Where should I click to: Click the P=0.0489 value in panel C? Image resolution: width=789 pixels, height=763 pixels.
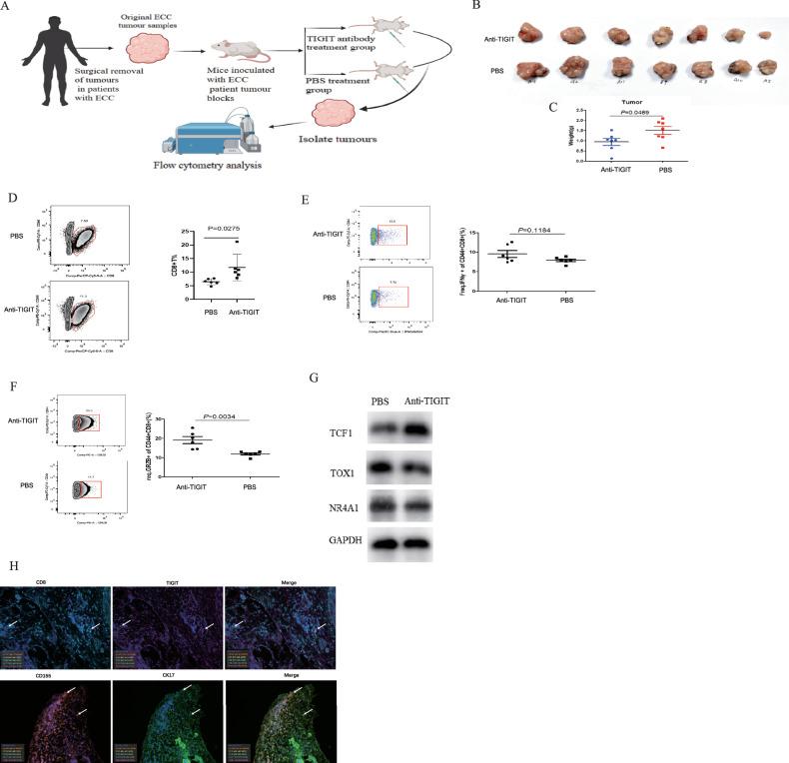638,112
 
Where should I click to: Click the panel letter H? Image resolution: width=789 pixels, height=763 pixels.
9,565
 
